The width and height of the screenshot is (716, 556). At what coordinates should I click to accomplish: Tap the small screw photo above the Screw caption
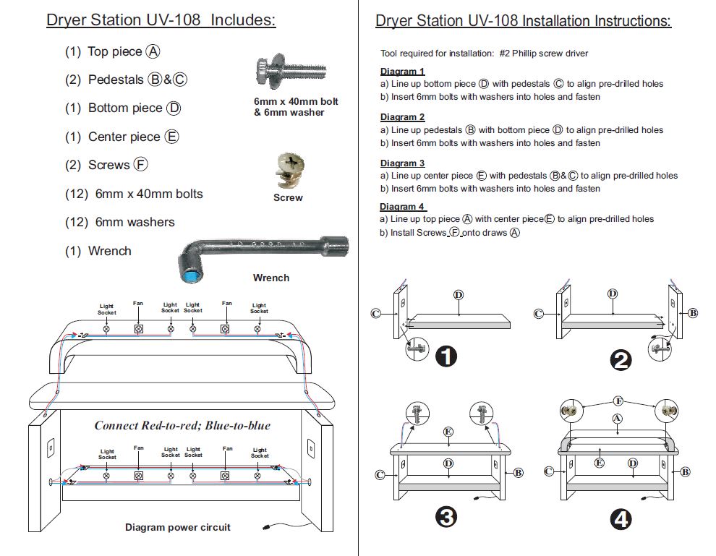(x=288, y=172)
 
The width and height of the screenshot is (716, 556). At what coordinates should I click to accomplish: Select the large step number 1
(x=447, y=356)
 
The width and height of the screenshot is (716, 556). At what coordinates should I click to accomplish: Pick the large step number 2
(x=621, y=360)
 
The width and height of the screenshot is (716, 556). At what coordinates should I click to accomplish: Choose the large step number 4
(x=621, y=518)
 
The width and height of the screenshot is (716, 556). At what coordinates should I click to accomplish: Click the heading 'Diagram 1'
(x=402, y=72)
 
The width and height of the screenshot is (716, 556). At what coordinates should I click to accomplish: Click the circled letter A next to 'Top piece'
(x=153, y=51)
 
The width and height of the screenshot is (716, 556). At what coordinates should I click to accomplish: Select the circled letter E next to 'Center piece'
(x=172, y=137)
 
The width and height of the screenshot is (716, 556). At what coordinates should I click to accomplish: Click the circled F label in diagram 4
(x=618, y=401)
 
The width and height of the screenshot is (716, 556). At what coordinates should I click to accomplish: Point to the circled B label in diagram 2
(x=693, y=313)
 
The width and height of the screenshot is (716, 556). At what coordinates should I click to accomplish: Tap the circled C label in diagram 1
(x=375, y=313)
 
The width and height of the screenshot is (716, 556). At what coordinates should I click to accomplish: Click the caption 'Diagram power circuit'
(x=178, y=527)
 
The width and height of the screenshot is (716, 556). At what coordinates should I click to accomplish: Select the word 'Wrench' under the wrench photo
(x=271, y=278)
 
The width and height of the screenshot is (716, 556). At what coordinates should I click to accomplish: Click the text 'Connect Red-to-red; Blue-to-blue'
(x=182, y=425)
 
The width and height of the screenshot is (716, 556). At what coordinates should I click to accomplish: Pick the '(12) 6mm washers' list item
(x=120, y=222)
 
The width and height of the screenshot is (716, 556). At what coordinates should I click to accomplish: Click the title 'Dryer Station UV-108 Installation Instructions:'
(x=523, y=21)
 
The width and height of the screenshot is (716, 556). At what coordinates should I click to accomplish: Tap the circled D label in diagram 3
(x=448, y=463)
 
